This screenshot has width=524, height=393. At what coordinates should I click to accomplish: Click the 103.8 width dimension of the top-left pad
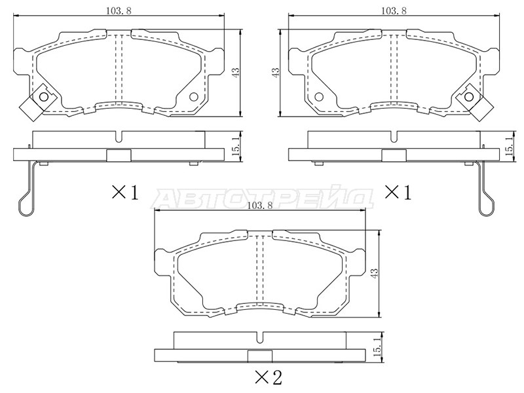point(119,10)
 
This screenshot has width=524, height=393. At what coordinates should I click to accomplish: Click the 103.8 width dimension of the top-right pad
point(394,10)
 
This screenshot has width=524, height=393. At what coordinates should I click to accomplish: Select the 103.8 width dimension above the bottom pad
point(259,206)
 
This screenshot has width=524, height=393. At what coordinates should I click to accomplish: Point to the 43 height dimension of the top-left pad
point(236,73)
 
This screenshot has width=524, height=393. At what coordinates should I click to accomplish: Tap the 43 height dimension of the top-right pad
point(276,73)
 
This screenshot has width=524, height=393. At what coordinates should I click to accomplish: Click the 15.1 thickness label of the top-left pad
point(236,146)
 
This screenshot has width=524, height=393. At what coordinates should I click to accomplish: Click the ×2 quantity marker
point(269,378)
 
